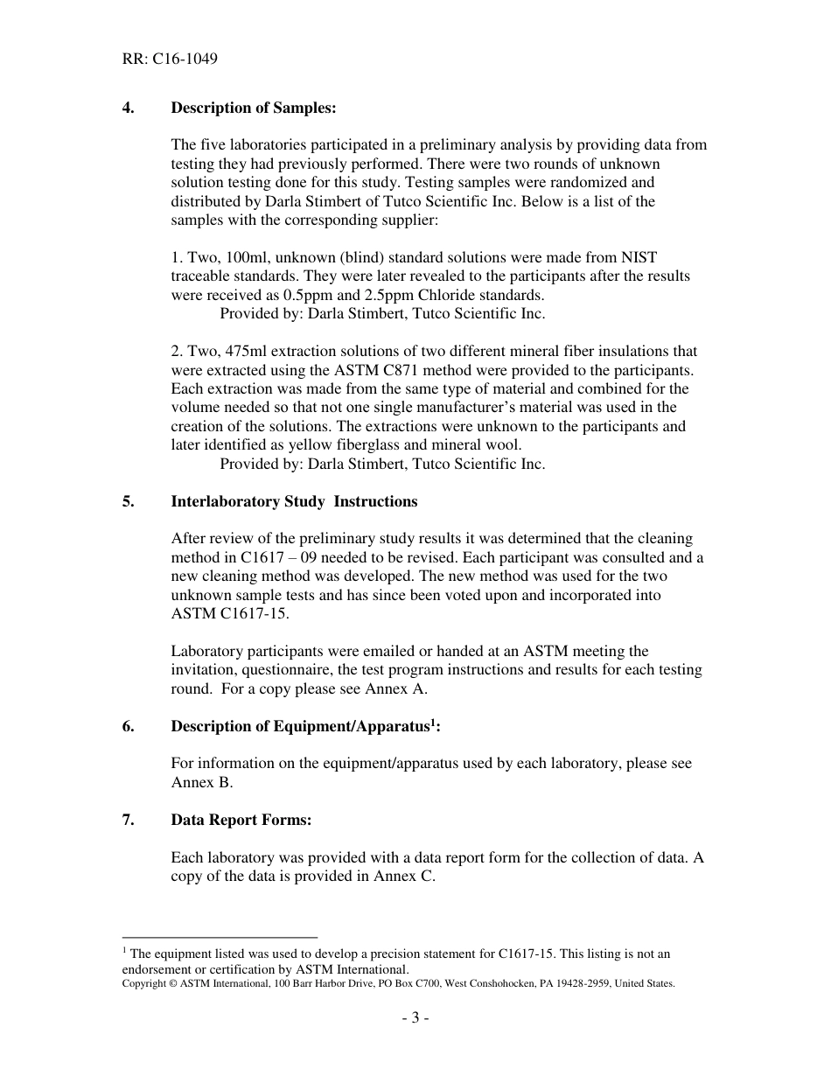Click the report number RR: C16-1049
pos(170,59)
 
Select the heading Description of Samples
pos(253,108)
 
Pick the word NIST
pos(638,257)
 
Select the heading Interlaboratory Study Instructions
pos(294,501)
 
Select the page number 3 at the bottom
pos(415,1018)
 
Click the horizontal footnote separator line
pos(220,937)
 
